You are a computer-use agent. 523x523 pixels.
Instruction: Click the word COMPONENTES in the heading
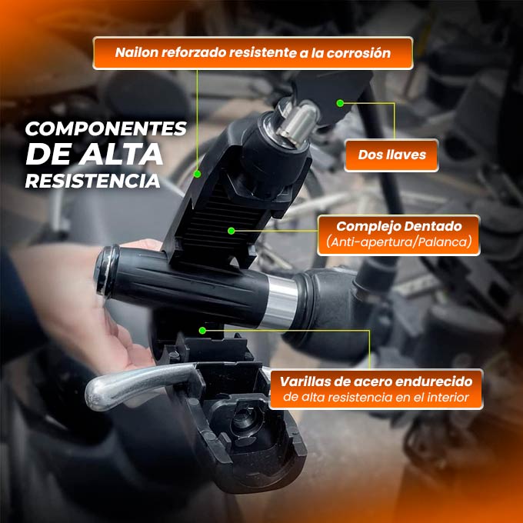coord(106,128)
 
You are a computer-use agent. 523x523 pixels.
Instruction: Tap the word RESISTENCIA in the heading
coord(93,181)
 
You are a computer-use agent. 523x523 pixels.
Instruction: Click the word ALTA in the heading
coord(121,154)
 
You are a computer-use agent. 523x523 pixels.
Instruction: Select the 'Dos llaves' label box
coord(391,155)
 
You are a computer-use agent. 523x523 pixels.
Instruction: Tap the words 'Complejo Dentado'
coord(399,226)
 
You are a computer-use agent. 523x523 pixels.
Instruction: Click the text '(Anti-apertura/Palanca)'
coord(399,242)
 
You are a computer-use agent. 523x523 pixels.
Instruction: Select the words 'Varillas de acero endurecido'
coord(376,381)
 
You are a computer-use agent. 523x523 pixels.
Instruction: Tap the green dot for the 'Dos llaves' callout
coord(340,103)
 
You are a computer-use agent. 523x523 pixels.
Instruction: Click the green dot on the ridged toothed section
coord(232,231)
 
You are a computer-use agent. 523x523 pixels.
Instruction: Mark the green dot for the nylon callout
coord(197,174)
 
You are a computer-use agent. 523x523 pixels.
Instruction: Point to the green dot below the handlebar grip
coord(202,331)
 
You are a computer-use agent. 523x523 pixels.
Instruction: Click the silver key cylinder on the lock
coord(297,123)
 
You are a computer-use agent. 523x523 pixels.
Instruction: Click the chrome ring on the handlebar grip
coord(279,302)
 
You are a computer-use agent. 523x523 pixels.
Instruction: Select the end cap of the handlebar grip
coord(107,271)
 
